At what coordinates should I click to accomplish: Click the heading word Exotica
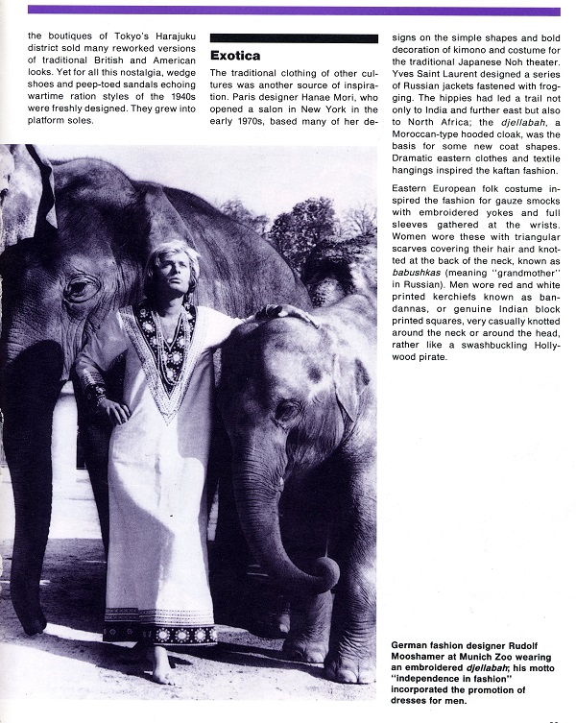(235, 56)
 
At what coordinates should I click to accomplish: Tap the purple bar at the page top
(293, 10)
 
